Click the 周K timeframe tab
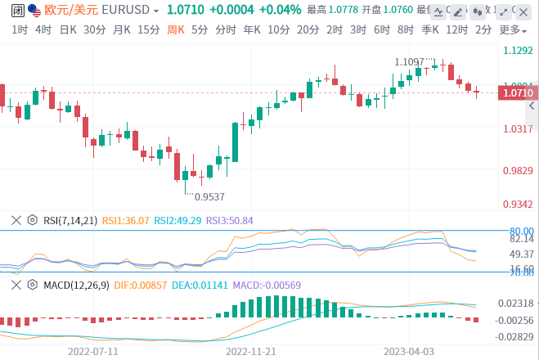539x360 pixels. pyautogui.click(x=176, y=29)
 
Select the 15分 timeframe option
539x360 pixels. pyautogui.click(x=148, y=29)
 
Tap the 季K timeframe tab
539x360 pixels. pyautogui.click(x=429, y=29)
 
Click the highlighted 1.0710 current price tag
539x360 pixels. pyautogui.click(x=518, y=92)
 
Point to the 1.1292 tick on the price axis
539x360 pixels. pyautogui.click(x=518, y=50)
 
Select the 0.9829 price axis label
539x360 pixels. pyautogui.click(x=518, y=170)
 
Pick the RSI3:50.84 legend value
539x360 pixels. pyautogui.click(x=229, y=220)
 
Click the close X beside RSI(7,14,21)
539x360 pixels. pyautogui.click(x=16, y=220)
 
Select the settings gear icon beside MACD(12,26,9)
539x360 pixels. pyautogui.click(x=33, y=285)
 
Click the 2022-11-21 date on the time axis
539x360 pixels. pyautogui.click(x=252, y=350)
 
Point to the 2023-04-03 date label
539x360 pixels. pyautogui.click(x=409, y=350)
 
